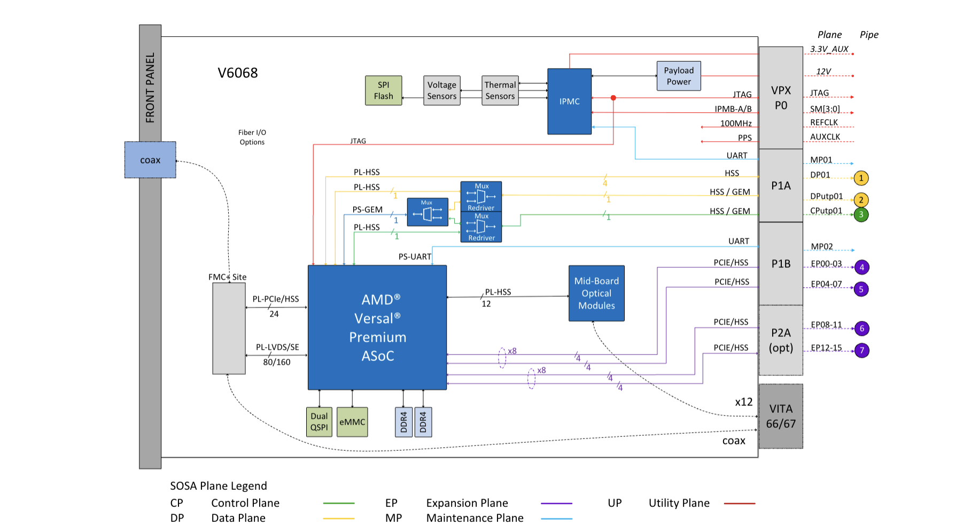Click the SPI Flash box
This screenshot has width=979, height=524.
383,90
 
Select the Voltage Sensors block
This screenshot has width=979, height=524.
441,90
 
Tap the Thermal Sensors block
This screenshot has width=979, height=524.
500,90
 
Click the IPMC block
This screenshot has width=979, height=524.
569,101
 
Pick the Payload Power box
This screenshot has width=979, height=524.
678,76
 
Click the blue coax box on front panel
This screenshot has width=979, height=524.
150,160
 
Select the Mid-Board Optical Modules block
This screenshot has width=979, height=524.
596,293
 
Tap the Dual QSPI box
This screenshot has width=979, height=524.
319,422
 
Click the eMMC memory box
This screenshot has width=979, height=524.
352,422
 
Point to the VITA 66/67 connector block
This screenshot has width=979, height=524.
781,416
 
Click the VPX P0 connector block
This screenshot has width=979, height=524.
781,98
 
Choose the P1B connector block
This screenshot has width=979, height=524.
781,264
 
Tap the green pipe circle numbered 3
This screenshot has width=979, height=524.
861,214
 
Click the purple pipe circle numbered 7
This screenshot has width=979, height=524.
861,351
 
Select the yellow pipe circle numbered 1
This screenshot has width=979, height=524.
861,178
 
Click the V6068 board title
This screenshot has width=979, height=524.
238,73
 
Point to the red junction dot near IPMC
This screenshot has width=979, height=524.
613,98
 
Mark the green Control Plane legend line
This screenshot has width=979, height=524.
339,503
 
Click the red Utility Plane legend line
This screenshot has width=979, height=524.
740,503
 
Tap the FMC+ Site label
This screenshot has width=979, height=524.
227,277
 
